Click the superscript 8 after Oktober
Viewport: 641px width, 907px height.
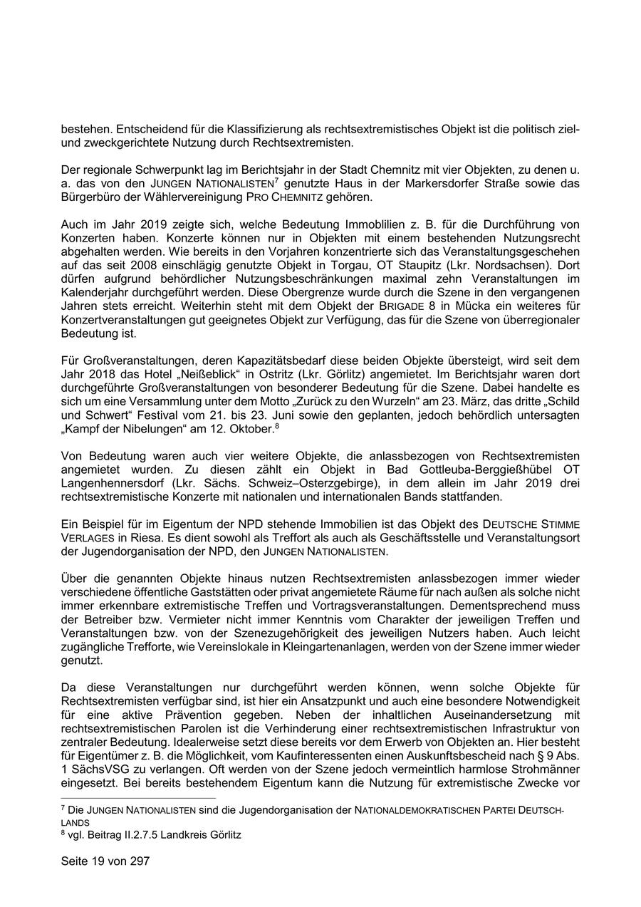pos(276,425)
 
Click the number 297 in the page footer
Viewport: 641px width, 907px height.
pos(140,861)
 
